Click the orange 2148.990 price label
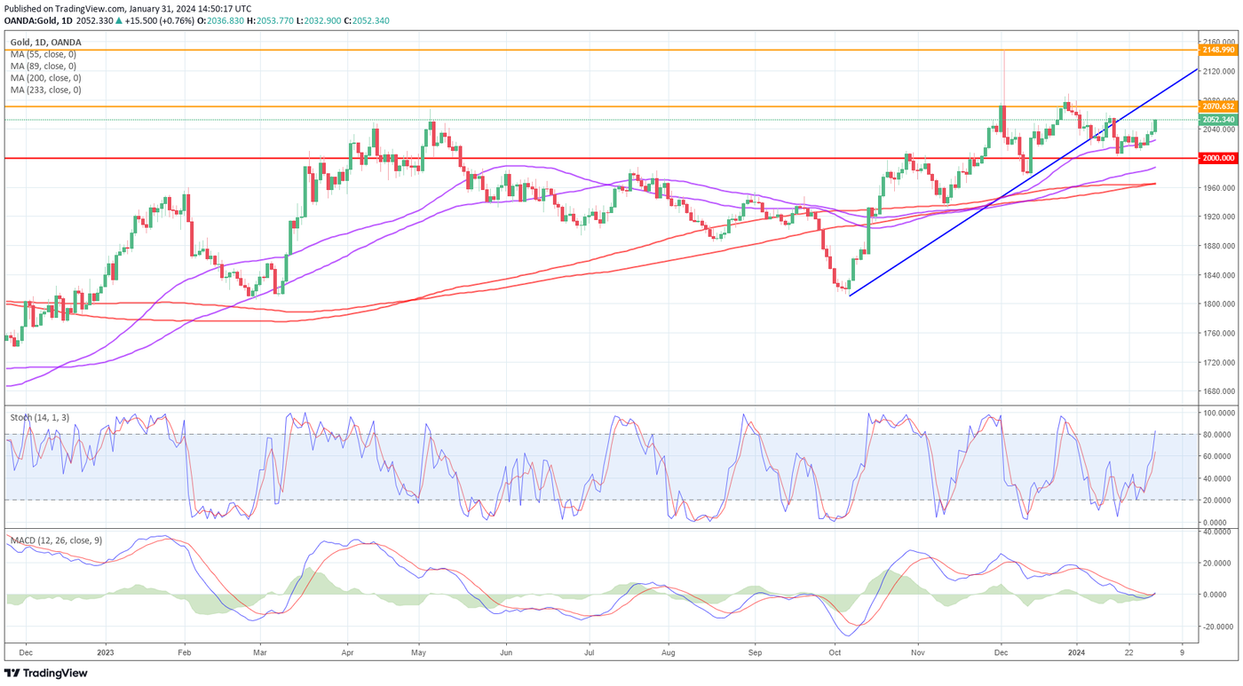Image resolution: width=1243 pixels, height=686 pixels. [1217, 51]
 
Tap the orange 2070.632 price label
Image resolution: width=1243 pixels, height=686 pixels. [1217, 106]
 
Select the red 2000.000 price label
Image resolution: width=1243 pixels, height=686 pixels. [1217, 158]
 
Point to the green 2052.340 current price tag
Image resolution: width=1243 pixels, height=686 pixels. [1217, 120]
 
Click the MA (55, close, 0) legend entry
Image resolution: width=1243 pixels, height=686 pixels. [43, 54]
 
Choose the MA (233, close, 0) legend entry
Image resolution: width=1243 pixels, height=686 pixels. [45, 90]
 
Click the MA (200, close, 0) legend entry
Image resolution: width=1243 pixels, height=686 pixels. [45, 78]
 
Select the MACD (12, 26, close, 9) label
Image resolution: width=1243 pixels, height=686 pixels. [55, 540]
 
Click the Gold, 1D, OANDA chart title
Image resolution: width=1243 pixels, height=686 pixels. [45, 42]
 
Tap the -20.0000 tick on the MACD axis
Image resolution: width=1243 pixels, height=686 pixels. [1216, 627]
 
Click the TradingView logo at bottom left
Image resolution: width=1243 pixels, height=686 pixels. [46, 673]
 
